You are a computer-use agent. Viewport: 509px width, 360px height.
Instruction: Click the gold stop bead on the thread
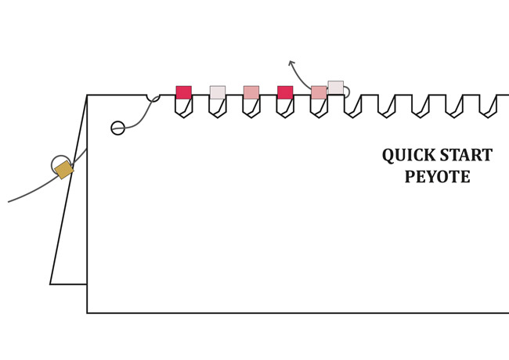click(63, 170)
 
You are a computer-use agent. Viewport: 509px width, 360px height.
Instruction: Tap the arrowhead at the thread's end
click(291, 62)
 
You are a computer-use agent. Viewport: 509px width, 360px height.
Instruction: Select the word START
click(467, 156)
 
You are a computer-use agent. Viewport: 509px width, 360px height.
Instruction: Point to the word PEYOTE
click(437, 177)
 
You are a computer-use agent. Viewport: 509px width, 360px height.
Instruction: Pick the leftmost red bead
click(183, 92)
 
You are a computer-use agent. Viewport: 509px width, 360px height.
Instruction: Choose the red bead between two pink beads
click(285, 92)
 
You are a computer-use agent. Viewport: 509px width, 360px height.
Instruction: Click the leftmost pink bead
click(251, 92)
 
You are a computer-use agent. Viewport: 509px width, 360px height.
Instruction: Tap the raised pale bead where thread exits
click(335, 87)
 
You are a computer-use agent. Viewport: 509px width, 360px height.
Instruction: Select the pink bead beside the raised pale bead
click(319, 92)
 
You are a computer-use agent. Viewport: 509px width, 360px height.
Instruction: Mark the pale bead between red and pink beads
click(218, 92)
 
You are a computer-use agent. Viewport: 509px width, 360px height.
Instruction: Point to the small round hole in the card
click(117, 128)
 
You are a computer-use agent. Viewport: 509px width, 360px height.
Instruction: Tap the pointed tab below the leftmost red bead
click(183, 109)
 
